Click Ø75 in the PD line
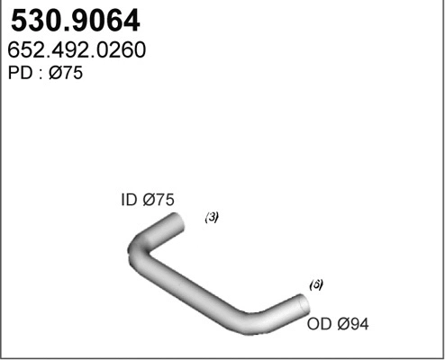(64, 74)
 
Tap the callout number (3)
(212, 217)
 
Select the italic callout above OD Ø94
(316, 283)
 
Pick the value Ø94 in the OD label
(353, 323)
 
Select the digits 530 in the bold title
(31, 20)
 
